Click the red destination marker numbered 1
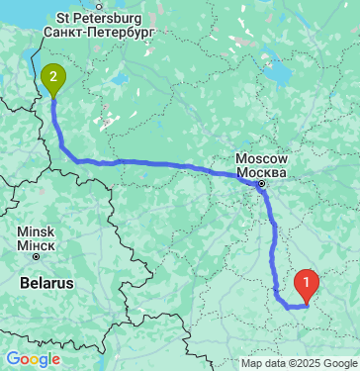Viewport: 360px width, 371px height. (x=308, y=287)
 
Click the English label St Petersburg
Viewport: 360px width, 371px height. (x=99, y=18)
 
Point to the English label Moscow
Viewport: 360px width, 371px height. (x=261, y=158)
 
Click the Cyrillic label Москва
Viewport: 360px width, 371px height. (x=261, y=171)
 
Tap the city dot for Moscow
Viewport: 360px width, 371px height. (x=261, y=183)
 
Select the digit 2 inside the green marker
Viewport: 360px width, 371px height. (x=53, y=72)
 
